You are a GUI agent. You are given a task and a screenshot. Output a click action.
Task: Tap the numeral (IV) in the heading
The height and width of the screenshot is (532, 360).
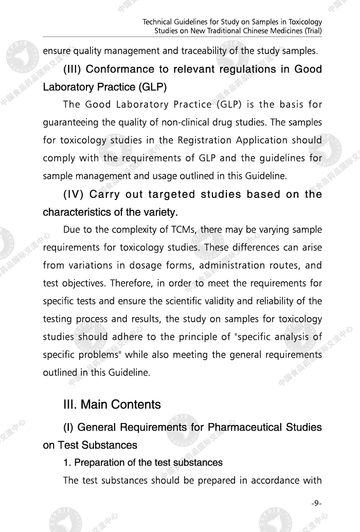(x=74, y=194)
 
